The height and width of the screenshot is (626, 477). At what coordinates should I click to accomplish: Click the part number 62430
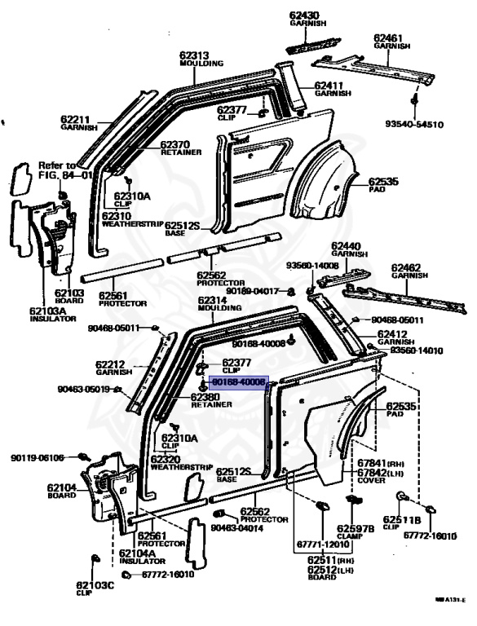click(x=306, y=16)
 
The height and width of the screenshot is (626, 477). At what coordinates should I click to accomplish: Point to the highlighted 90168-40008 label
click(x=237, y=381)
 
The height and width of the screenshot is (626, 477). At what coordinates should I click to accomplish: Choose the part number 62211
click(x=76, y=119)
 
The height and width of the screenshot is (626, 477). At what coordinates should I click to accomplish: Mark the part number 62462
click(x=406, y=267)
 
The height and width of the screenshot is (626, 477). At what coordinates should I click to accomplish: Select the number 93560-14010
click(x=416, y=350)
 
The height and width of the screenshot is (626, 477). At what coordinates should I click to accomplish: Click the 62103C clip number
click(x=95, y=584)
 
